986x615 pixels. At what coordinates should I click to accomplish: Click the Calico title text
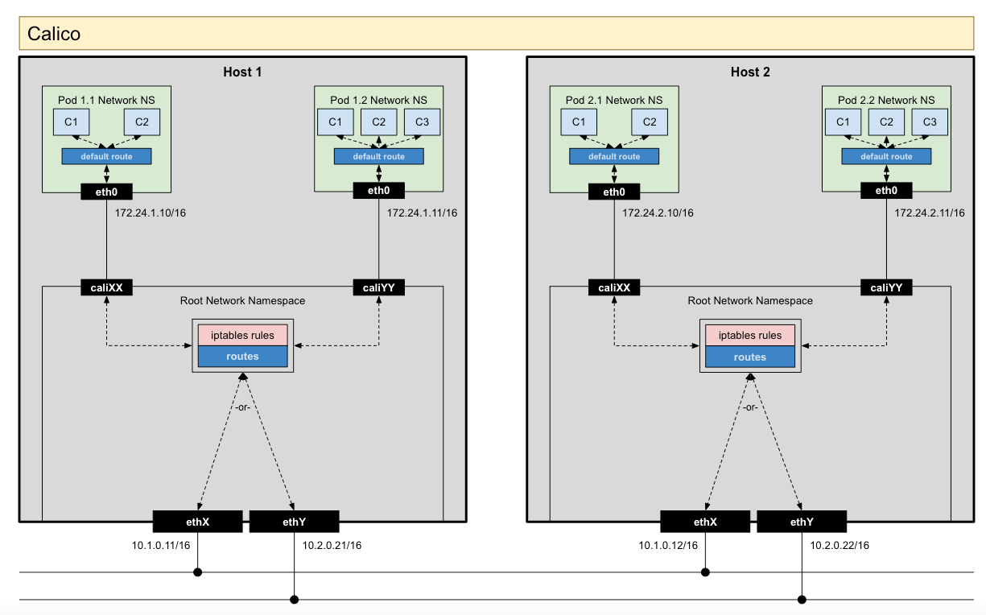point(54,35)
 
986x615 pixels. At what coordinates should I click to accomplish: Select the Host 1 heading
point(242,72)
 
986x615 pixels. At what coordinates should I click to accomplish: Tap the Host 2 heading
point(749,72)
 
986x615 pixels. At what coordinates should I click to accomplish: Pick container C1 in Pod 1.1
point(72,122)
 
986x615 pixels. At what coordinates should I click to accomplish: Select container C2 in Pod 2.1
point(649,122)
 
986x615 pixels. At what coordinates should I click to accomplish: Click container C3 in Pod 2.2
point(930,122)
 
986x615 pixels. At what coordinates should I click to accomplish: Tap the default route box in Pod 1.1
point(106,156)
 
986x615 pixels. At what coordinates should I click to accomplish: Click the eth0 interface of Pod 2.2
point(885,192)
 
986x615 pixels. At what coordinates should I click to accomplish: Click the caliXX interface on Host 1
point(106,287)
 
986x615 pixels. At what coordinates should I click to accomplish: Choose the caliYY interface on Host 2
point(885,287)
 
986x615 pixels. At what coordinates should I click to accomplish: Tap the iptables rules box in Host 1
point(242,335)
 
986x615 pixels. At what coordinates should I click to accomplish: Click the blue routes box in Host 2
point(749,357)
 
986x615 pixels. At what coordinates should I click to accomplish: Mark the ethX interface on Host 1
point(197,522)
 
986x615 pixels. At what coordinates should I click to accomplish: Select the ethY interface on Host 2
point(801,522)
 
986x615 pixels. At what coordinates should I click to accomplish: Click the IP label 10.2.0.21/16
point(332,546)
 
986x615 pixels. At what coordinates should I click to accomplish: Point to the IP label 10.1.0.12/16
point(667,546)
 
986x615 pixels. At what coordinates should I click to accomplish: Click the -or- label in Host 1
point(242,407)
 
